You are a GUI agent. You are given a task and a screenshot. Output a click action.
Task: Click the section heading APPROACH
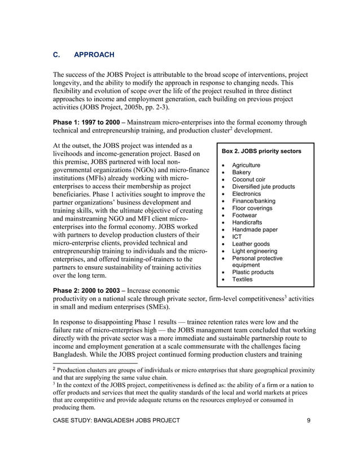[94, 55]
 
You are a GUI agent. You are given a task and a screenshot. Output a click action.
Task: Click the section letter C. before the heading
[56, 55]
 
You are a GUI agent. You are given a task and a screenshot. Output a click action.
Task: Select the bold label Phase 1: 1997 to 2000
[86, 122]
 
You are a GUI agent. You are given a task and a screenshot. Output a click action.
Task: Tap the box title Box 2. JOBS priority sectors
[261, 152]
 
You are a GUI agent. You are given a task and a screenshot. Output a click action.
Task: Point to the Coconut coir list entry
[249, 179]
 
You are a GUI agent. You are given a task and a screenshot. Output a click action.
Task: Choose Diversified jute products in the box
[264, 187]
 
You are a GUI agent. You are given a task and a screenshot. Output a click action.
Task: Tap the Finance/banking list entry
[254, 201]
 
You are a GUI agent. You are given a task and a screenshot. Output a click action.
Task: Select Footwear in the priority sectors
[245, 216]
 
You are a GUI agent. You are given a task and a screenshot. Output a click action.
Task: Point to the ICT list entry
[238, 237]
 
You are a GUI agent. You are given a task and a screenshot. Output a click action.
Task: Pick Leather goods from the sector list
[251, 244]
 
